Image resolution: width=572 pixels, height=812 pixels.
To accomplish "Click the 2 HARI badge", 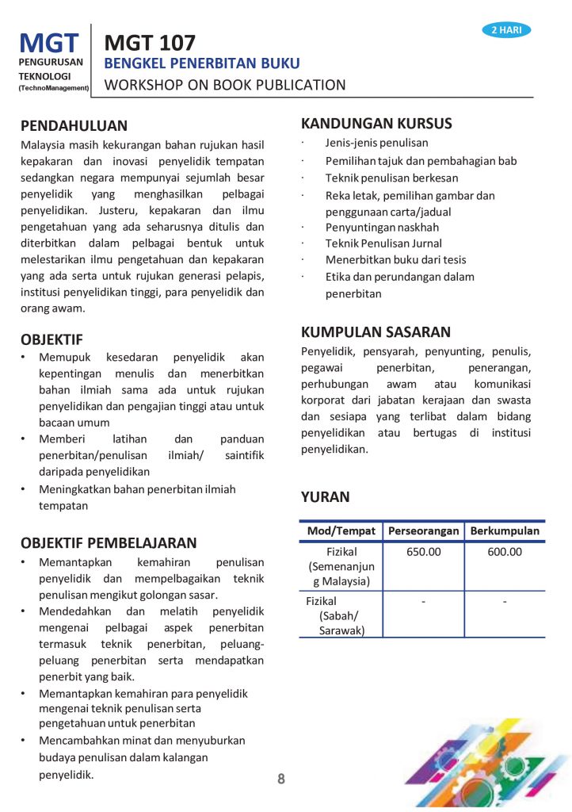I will tap(506, 30).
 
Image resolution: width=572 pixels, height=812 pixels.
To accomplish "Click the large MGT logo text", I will tap(49, 42).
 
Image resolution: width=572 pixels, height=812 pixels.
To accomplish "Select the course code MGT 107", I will tap(150, 42).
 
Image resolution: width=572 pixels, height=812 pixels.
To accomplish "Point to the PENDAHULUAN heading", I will tap(74, 125).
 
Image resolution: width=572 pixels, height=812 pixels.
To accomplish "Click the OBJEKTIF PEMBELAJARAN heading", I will tap(109, 543).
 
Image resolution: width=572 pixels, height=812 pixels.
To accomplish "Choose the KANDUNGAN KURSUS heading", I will tap(376, 123).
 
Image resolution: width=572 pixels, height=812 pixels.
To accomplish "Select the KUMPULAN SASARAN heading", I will tap(376, 332).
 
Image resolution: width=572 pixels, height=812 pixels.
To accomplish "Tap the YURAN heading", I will tap(325, 497).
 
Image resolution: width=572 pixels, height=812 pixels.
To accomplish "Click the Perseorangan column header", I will tap(423, 530).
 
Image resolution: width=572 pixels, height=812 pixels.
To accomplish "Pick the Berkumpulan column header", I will tap(505, 530).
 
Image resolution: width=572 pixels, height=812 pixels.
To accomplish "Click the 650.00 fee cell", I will tap(423, 552).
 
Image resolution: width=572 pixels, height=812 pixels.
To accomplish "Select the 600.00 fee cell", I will tap(505, 552).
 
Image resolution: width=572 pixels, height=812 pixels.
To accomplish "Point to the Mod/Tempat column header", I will tap(341, 530).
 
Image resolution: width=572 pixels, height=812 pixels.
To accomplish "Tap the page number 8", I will tap(281, 779).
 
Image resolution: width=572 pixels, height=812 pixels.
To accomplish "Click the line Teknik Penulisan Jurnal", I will tap(383, 243).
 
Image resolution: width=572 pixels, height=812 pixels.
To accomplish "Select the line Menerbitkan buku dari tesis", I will tap(395, 260).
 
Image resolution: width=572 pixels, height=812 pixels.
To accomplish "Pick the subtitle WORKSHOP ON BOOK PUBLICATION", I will tap(225, 85).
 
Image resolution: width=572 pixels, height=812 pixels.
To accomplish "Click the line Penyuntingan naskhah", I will tap(382, 227).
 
